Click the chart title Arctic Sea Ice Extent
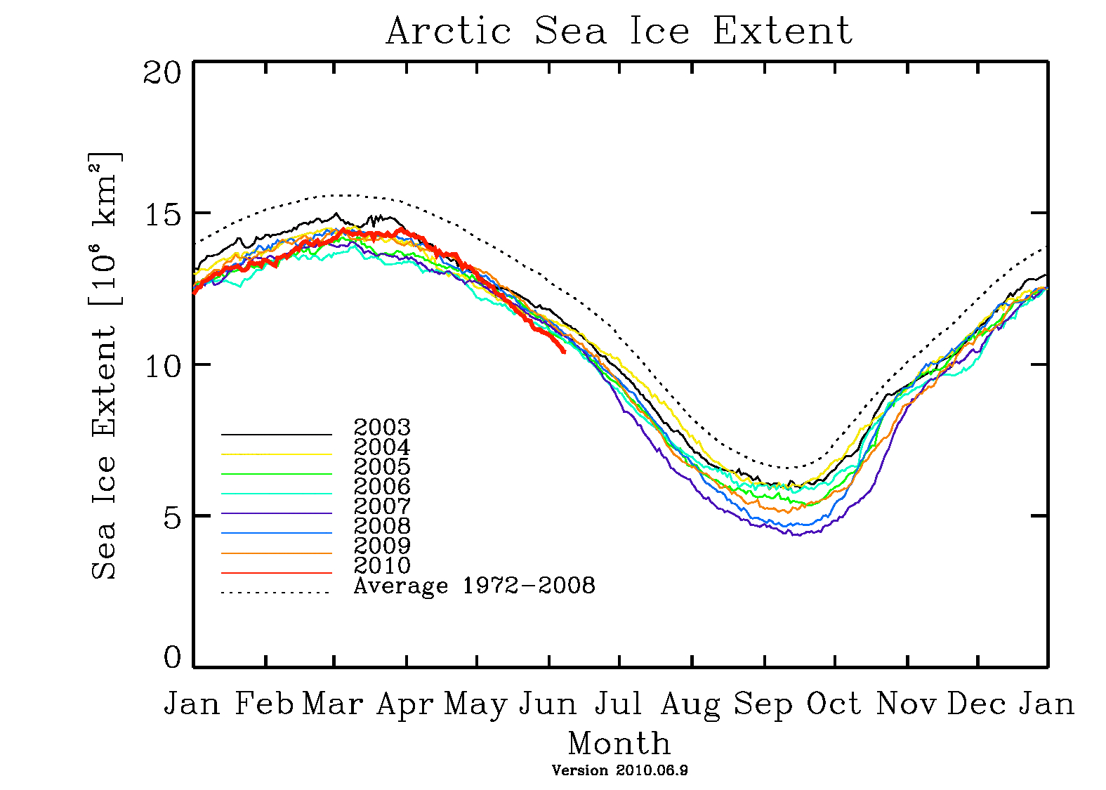[619, 32]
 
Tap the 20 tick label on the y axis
[162, 72]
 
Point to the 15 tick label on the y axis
[162, 214]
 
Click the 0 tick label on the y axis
[172, 658]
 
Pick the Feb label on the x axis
[264, 704]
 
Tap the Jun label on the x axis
[548, 704]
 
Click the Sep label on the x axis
[763, 704]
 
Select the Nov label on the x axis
[906, 704]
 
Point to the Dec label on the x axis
[977, 704]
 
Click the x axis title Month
[619, 743]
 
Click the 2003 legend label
[382, 427]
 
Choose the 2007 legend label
[382, 506]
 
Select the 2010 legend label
[382, 565]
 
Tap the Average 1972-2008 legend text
[474, 585]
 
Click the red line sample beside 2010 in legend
[276, 573]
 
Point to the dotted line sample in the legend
[276, 593]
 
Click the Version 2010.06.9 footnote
[619, 770]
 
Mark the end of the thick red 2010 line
[564, 351]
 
